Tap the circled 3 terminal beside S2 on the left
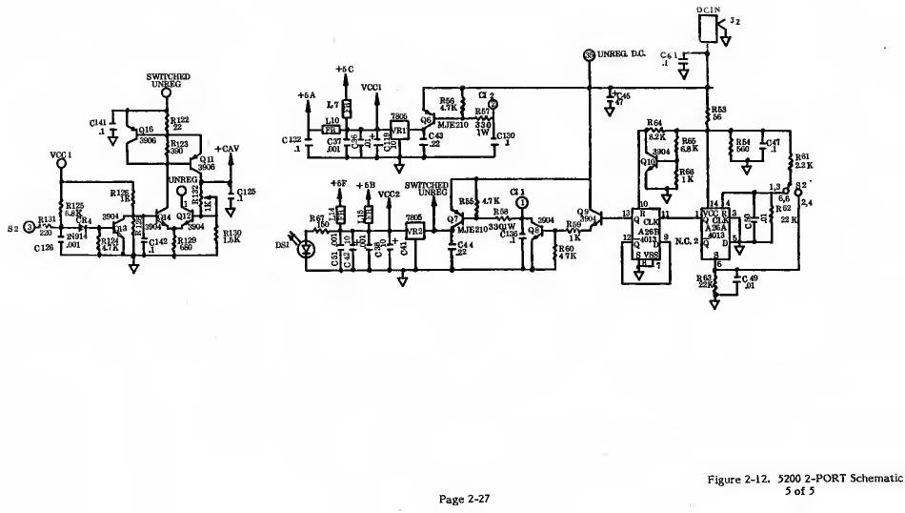(30, 227)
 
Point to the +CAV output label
(228, 149)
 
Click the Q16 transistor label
(146, 130)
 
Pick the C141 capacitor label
(98, 124)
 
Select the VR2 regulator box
(414, 231)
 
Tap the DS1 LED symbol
(306, 249)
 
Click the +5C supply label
(345, 70)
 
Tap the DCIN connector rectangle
(709, 30)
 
